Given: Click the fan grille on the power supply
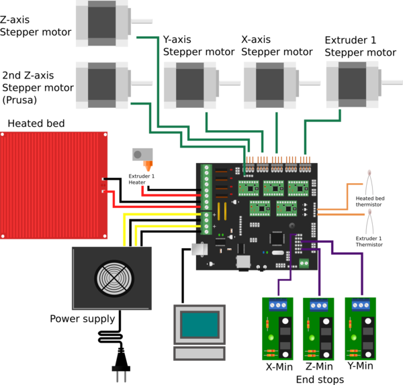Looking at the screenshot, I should click(x=114, y=278).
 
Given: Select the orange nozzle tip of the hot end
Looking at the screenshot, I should click(x=148, y=165).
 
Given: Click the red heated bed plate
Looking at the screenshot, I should click(x=54, y=184).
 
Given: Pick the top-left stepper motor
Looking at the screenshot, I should click(x=101, y=23).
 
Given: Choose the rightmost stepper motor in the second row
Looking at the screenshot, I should click(x=352, y=83).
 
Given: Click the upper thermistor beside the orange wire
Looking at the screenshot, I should click(x=369, y=181).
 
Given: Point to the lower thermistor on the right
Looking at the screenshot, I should click(x=369, y=221).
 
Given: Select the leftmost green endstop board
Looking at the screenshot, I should click(x=277, y=329).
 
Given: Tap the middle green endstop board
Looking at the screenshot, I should click(x=318, y=329).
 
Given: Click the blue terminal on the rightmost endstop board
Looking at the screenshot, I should click(x=361, y=305).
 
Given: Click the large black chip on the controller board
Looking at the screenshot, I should click(x=276, y=238).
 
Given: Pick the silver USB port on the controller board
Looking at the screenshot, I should click(x=199, y=249).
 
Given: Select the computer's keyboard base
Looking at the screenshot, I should click(x=199, y=353).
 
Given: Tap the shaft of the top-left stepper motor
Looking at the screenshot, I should click(x=142, y=21).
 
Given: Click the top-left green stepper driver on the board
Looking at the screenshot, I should click(x=249, y=187).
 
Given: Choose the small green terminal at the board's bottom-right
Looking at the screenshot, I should click(x=304, y=263).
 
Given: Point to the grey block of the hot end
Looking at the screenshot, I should click(x=142, y=154).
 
